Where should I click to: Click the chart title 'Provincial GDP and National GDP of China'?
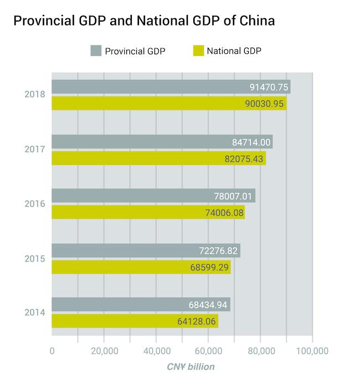[x=143, y=22]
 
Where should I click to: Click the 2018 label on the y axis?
[x=35, y=95]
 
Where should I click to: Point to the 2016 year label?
[x=35, y=204]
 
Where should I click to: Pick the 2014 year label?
[x=35, y=313]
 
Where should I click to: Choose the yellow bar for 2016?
[x=148, y=213]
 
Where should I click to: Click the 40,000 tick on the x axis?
[x=156, y=351]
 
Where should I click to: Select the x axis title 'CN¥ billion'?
[x=191, y=367]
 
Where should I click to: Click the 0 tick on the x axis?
[x=52, y=351]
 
